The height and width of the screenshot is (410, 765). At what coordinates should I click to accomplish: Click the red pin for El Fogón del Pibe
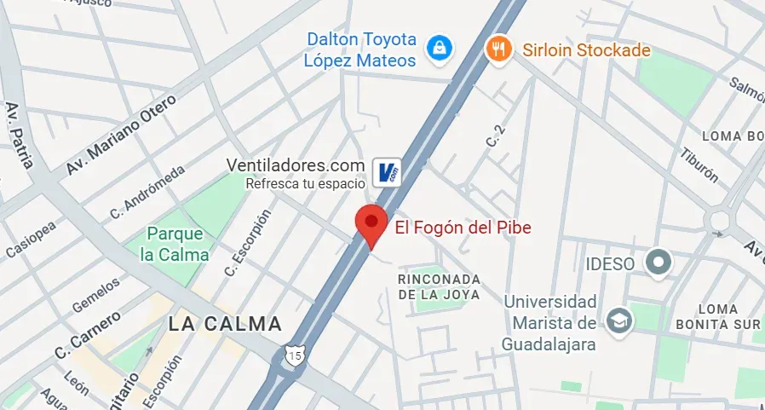point(371,224)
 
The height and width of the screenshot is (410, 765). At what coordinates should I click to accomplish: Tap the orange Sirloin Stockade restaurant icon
point(498,49)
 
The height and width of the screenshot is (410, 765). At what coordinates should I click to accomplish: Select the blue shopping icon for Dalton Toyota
point(439,49)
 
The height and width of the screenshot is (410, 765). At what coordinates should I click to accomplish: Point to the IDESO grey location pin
point(658,263)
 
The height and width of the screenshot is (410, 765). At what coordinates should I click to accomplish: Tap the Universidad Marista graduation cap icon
point(617,320)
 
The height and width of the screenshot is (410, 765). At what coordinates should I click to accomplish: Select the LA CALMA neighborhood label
point(225,324)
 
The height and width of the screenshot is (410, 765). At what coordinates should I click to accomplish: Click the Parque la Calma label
point(175,244)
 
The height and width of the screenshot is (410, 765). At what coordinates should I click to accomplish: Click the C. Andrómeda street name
point(147,193)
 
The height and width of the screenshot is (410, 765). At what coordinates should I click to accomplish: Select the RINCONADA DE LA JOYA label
point(439,286)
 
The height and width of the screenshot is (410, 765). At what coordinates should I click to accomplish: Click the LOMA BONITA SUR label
point(728,316)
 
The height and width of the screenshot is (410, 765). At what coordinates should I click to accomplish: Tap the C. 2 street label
point(495,136)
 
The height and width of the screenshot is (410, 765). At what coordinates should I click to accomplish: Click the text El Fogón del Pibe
point(463,228)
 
